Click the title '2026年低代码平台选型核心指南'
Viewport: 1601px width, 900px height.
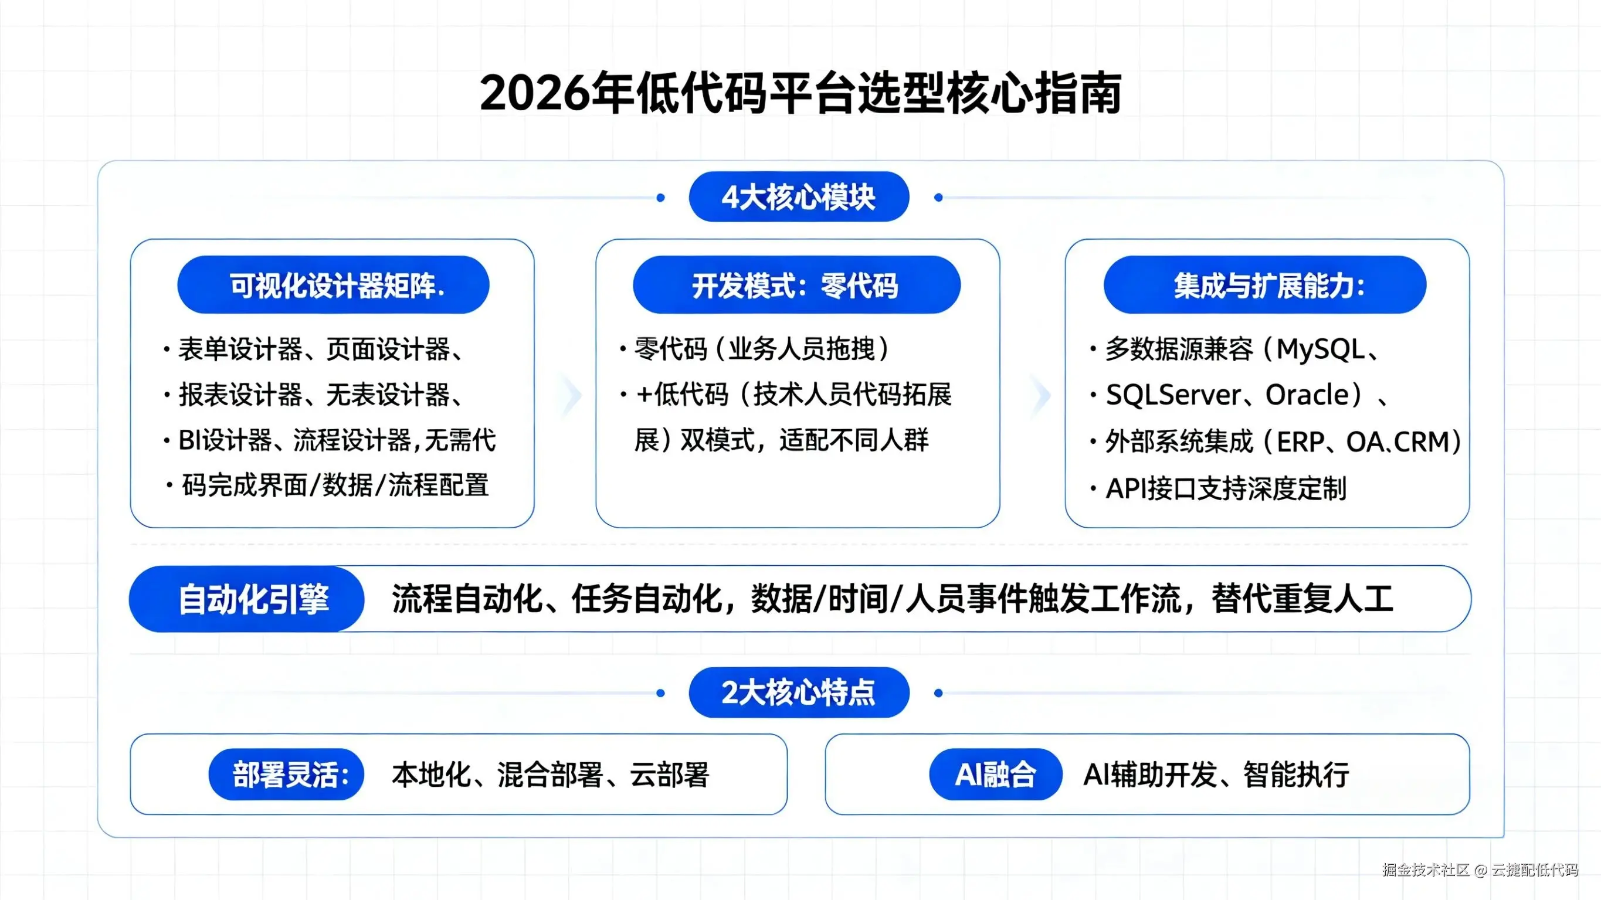(x=800, y=93)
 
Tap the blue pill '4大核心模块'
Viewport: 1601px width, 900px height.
(x=799, y=197)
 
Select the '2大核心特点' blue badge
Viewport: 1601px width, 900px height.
(x=799, y=692)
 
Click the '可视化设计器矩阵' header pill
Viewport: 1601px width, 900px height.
(x=333, y=286)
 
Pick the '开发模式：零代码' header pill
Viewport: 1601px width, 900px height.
(x=796, y=286)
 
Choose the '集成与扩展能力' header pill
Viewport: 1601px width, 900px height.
(x=1265, y=286)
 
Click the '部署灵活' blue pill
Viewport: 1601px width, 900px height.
(x=287, y=775)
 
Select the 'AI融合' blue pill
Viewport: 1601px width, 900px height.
(x=995, y=775)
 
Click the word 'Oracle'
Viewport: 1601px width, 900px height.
(x=1307, y=395)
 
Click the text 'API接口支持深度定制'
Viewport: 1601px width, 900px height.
(x=1226, y=488)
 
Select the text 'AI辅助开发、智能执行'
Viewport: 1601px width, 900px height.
(x=1216, y=775)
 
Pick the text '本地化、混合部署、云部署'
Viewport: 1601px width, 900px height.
(x=550, y=775)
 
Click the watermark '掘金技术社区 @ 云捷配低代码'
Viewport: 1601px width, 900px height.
(x=1480, y=870)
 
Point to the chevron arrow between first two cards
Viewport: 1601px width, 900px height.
(x=571, y=395)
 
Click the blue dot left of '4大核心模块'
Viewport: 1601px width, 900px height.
(x=661, y=198)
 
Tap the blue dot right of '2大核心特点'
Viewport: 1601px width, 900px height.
(x=938, y=692)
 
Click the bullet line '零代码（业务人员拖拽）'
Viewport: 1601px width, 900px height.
(x=761, y=349)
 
